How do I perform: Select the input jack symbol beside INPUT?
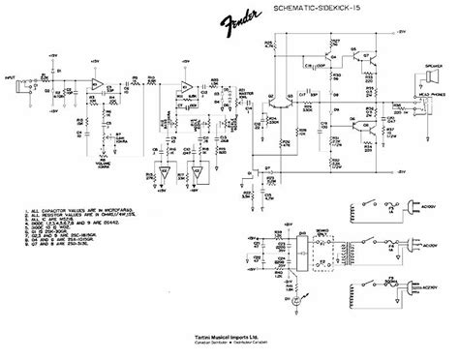[x=28, y=79]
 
